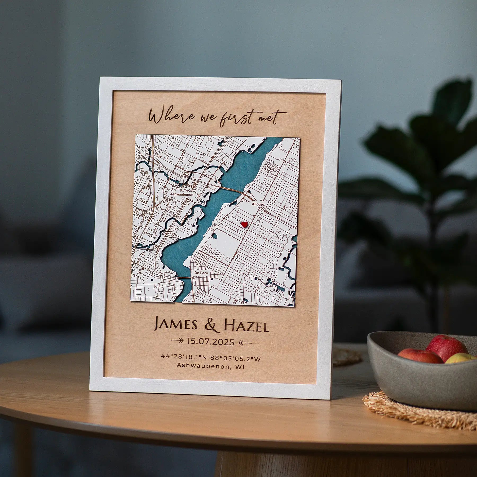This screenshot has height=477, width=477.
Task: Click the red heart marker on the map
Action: [244, 224]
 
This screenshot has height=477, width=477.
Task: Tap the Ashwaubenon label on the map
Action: [182, 194]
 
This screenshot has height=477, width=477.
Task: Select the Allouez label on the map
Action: [258, 204]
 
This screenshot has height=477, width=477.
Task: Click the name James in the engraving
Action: [176, 326]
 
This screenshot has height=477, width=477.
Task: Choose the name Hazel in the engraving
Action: [246, 326]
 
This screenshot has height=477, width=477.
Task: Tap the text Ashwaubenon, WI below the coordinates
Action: [211, 366]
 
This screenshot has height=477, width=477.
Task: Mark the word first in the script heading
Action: [235, 118]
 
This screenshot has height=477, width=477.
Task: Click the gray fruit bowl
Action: [413, 382]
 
